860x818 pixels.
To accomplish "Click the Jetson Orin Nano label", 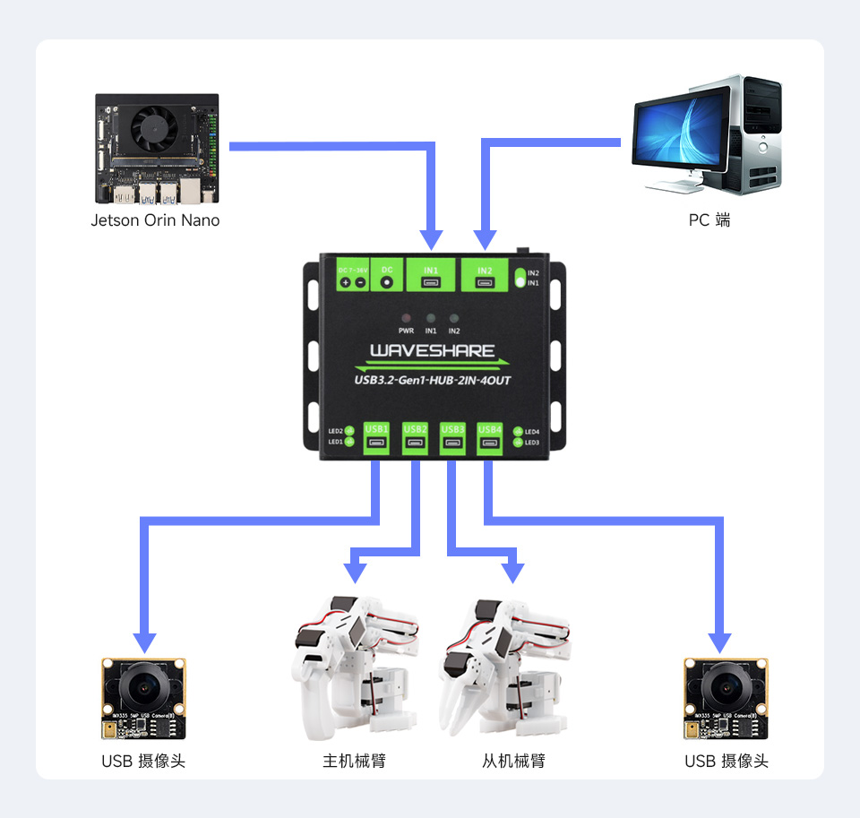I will click(x=155, y=220).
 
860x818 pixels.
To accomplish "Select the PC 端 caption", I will click(x=709, y=220).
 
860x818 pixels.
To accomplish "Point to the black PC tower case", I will click(x=752, y=134).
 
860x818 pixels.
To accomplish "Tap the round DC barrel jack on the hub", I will click(x=387, y=281).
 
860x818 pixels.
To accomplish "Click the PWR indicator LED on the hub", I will click(x=406, y=319).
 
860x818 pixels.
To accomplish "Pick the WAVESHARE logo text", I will click(x=433, y=350).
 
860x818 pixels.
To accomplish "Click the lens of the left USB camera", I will click(x=144, y=688).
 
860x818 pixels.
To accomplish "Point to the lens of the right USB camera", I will click(x=726, y=688).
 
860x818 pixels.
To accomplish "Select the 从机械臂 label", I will click(x=513, y=762).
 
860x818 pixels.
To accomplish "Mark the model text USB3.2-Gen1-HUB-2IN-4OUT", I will click(x=433, y=380).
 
